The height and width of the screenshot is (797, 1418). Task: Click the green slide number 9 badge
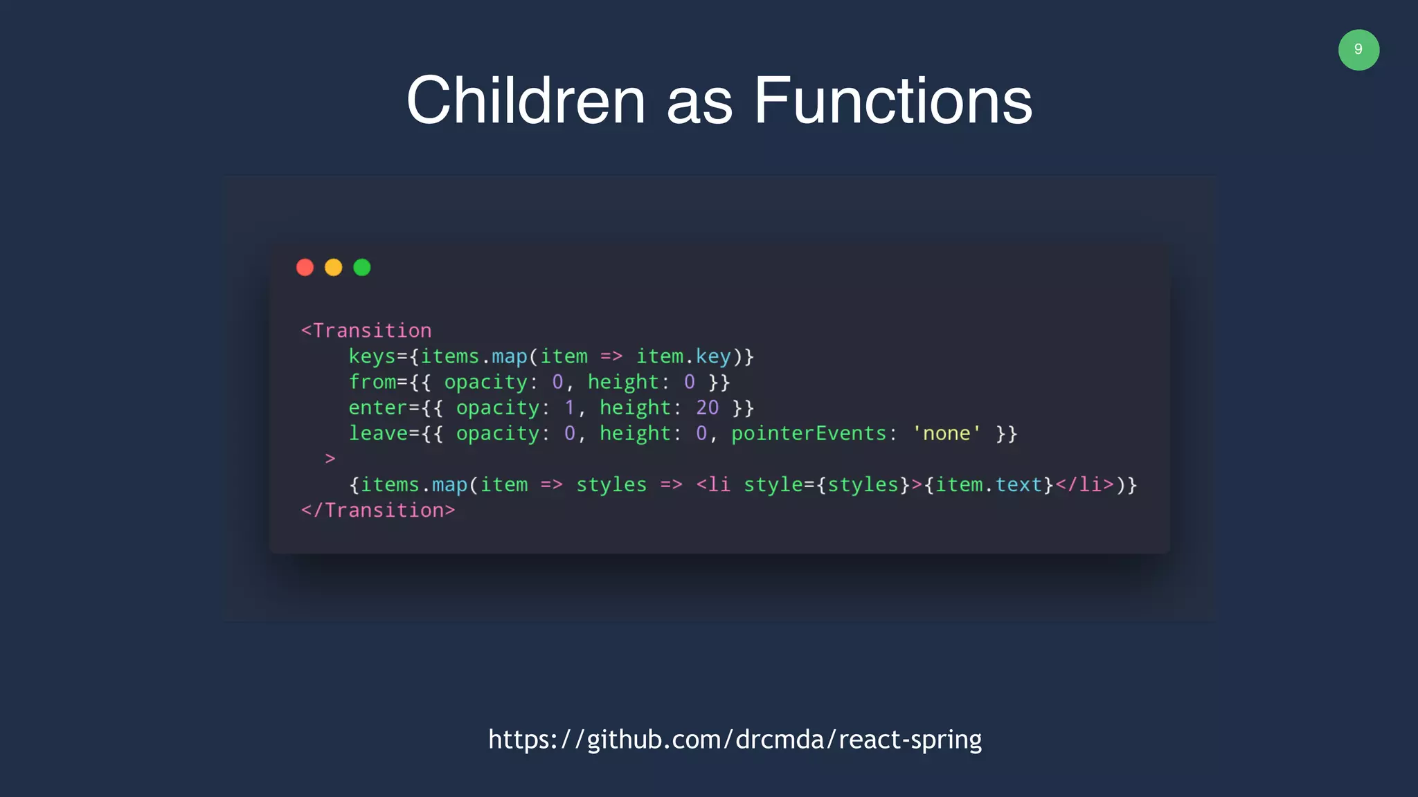pos(1358,50)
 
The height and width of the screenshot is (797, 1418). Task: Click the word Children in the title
pos(526,101)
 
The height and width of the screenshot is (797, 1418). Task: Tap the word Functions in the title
pos(892,101)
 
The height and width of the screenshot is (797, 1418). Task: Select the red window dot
pos(305,268)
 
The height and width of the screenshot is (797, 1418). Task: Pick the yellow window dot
pos(334,268)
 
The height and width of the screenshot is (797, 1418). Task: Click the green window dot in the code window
pos(362,268)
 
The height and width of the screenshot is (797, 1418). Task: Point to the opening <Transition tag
pos(366,331)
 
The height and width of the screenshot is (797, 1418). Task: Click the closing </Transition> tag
pos(378,511)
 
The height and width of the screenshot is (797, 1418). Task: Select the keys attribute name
pos(372,357)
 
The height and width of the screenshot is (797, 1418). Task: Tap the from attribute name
pos(372,382)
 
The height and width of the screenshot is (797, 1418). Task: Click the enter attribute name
pos(377,408)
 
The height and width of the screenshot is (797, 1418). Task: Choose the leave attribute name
pos(378,434)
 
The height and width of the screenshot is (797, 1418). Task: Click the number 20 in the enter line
pos(707,408)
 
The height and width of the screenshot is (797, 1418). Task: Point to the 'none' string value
pos(946,434)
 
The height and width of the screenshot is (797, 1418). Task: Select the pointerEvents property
pos(809,434)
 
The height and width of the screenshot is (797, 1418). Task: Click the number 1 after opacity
pos(570,408)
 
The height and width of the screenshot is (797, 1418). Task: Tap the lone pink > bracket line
pos(330,459)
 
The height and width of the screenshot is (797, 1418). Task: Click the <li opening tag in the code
pos(713,485)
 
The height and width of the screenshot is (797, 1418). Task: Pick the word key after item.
pos(713,357)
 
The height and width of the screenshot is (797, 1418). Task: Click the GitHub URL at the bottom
pos(735,740)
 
